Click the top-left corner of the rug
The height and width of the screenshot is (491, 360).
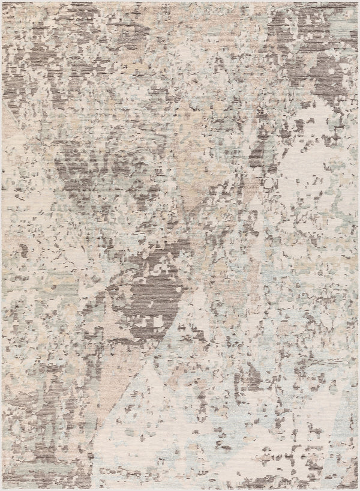click(2, 2)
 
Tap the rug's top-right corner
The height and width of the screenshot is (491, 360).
click(358, 2)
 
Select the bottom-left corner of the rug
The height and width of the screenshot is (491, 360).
click(2, 489)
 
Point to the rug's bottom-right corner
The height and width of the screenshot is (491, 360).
click(358, 489)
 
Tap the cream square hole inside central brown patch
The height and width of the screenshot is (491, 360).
click(158, 323)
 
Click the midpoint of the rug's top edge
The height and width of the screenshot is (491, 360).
click(180, 2)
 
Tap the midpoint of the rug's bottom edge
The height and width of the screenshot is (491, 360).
click(180, 489)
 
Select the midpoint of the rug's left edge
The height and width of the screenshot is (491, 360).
click(2, 245)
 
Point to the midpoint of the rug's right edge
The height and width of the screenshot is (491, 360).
click(358, 245)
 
